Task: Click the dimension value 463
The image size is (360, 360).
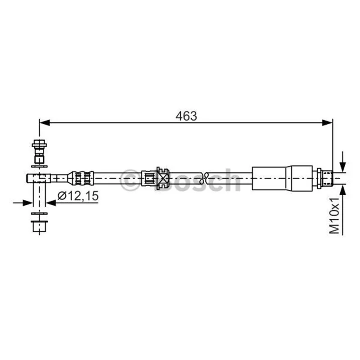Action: (x=186, y=116)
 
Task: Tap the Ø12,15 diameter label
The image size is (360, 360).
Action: (x=78, y=196)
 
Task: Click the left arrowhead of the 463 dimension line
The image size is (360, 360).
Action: (x=45, y=122)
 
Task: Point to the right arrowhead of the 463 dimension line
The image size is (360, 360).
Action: (x=328, y=122)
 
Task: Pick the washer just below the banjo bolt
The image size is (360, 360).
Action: (x=39, y=166)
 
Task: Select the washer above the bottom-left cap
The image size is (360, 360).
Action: (x=39, y=213)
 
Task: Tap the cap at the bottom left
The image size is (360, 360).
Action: (x=39, y=226)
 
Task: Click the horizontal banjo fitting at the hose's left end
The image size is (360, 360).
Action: (x=38, y=178)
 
